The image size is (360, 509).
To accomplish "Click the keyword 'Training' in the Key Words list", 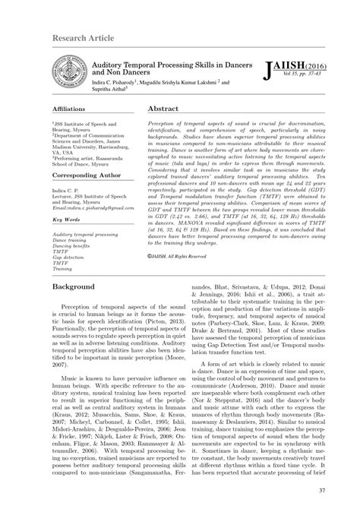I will (x=62, y=268).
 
